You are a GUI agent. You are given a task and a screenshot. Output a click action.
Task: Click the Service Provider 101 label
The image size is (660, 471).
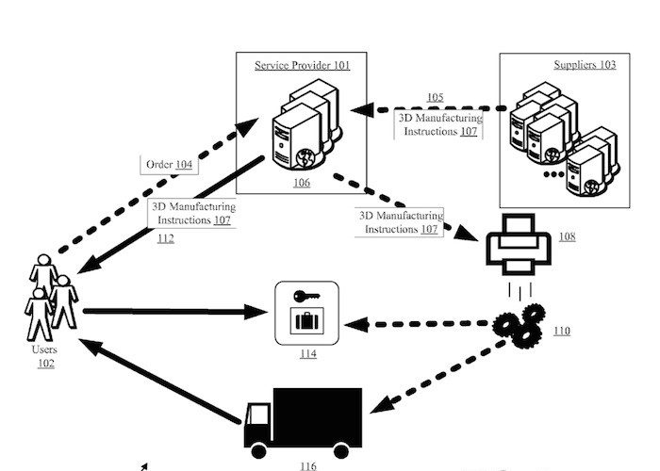click(x=302, y=65)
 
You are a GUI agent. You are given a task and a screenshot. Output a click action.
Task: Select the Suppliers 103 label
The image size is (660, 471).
click(x=585, y=65)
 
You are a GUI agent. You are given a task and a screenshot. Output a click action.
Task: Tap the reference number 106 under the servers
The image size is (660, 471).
click(x=302, y=182)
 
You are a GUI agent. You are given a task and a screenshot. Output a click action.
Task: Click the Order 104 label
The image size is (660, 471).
click(x=169, y=164)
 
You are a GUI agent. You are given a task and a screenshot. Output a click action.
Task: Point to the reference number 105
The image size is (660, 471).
click(x=434, y=98)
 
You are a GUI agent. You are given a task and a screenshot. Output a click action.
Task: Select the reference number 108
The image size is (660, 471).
click(x=567, y=236)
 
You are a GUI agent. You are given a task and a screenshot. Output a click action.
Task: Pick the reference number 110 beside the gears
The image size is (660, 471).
click(x=562, y=331)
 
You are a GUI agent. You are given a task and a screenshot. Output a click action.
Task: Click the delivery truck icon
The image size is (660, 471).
click(x=302, y=418)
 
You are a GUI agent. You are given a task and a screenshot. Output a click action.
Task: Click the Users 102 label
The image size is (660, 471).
click(x=44, y=356)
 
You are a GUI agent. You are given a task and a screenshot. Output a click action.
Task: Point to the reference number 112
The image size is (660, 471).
click(x=165, y=238)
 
